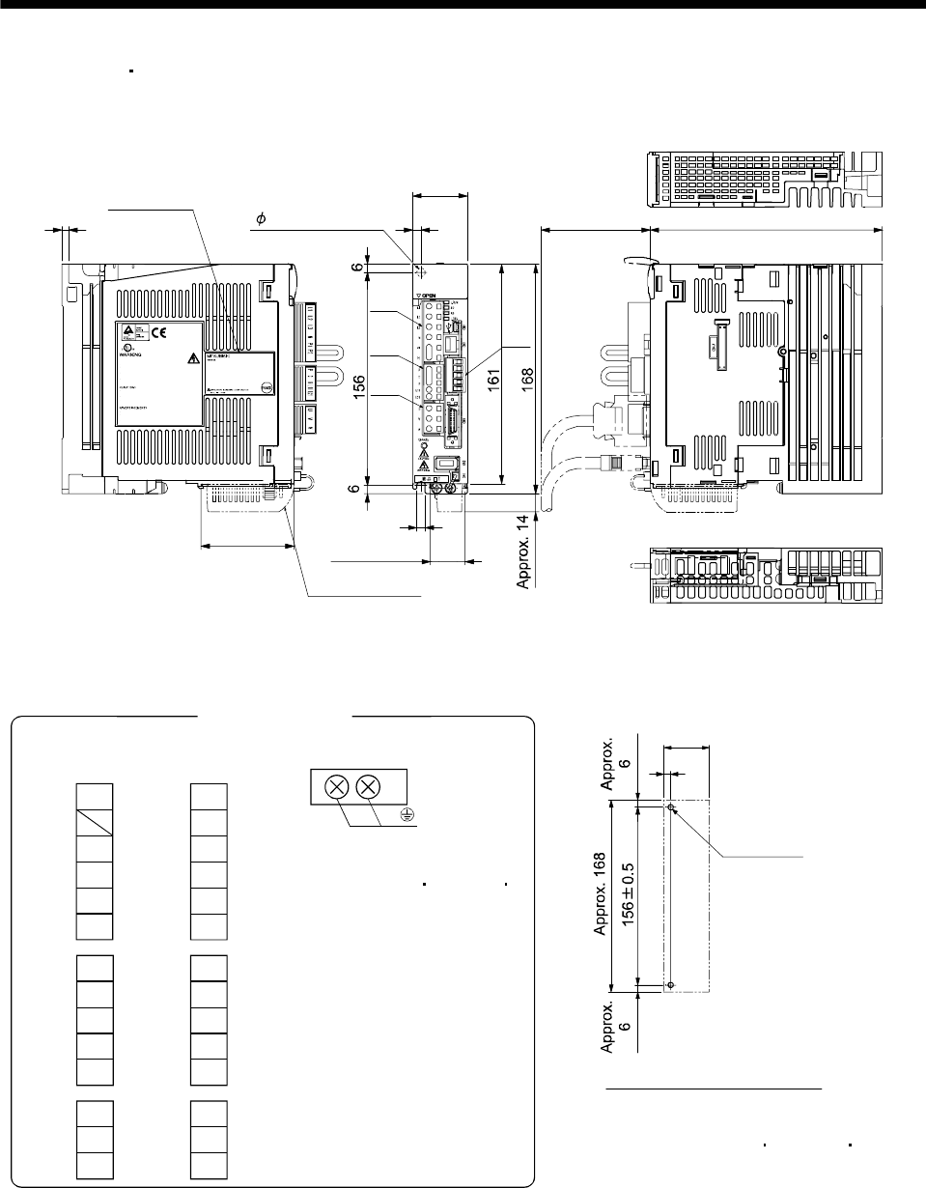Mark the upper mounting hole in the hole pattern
[x=671, y=806]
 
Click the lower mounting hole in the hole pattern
[x=671, y=985]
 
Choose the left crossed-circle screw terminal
[x=336, y=786]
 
